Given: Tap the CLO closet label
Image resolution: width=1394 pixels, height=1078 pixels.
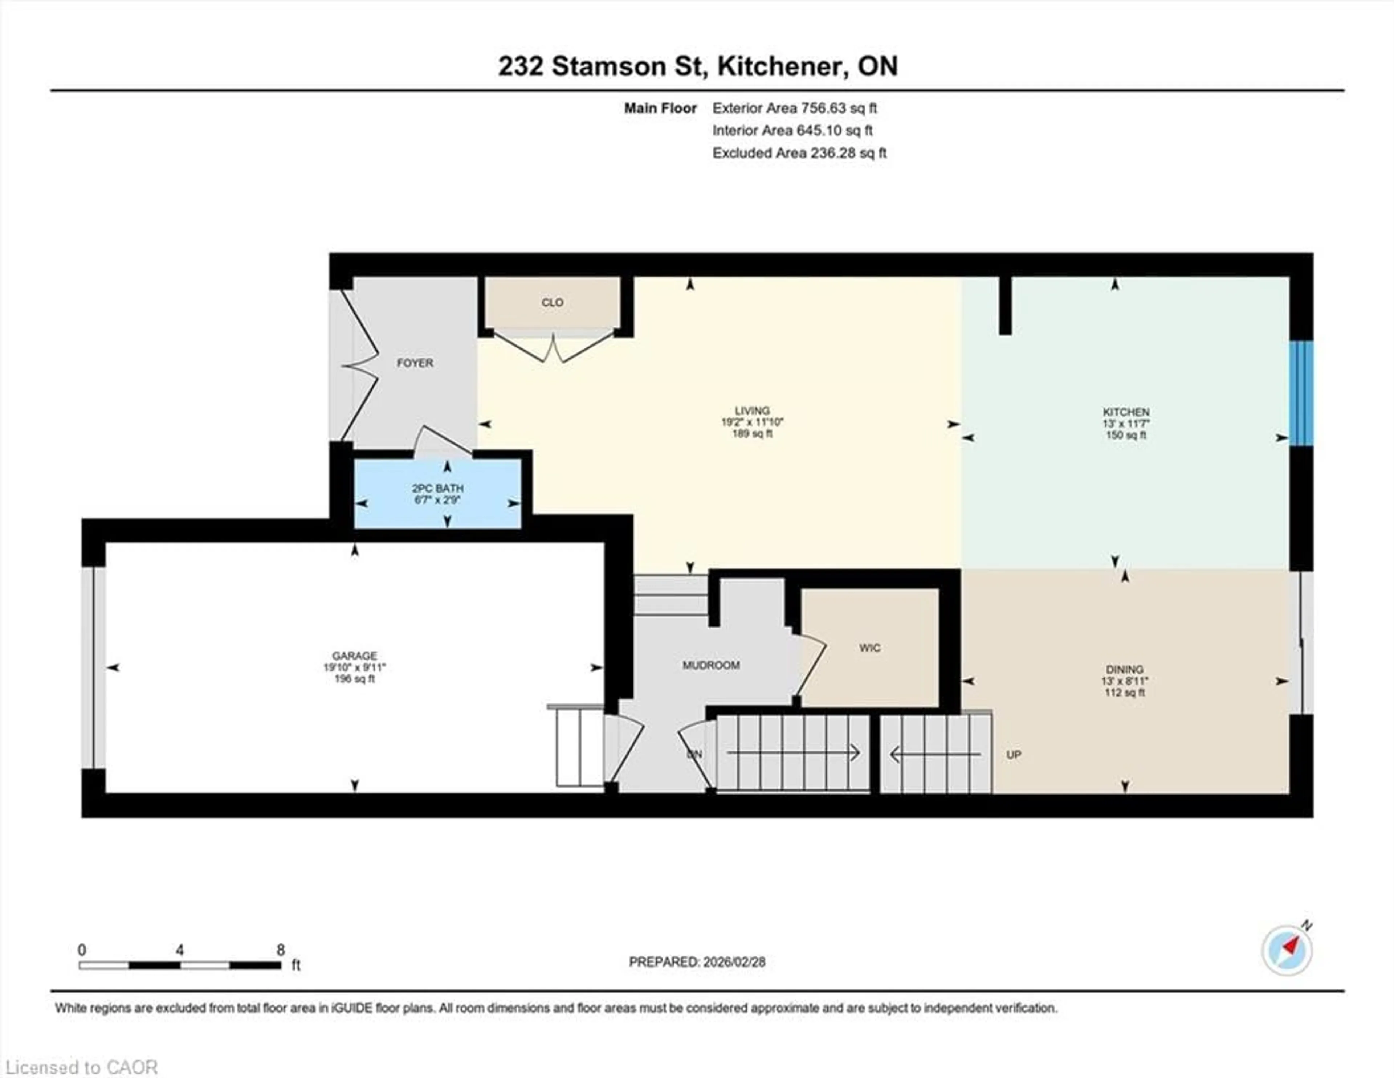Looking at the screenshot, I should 552,302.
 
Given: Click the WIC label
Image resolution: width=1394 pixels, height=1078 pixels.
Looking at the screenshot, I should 869,648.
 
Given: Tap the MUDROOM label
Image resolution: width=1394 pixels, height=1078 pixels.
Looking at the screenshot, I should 711,665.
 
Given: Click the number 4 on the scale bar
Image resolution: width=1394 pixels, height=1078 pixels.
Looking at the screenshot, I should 180,950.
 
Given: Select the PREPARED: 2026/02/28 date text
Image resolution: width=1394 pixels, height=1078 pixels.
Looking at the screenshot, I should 697,962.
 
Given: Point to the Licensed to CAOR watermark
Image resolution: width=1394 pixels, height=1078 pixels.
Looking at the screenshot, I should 81,1067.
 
